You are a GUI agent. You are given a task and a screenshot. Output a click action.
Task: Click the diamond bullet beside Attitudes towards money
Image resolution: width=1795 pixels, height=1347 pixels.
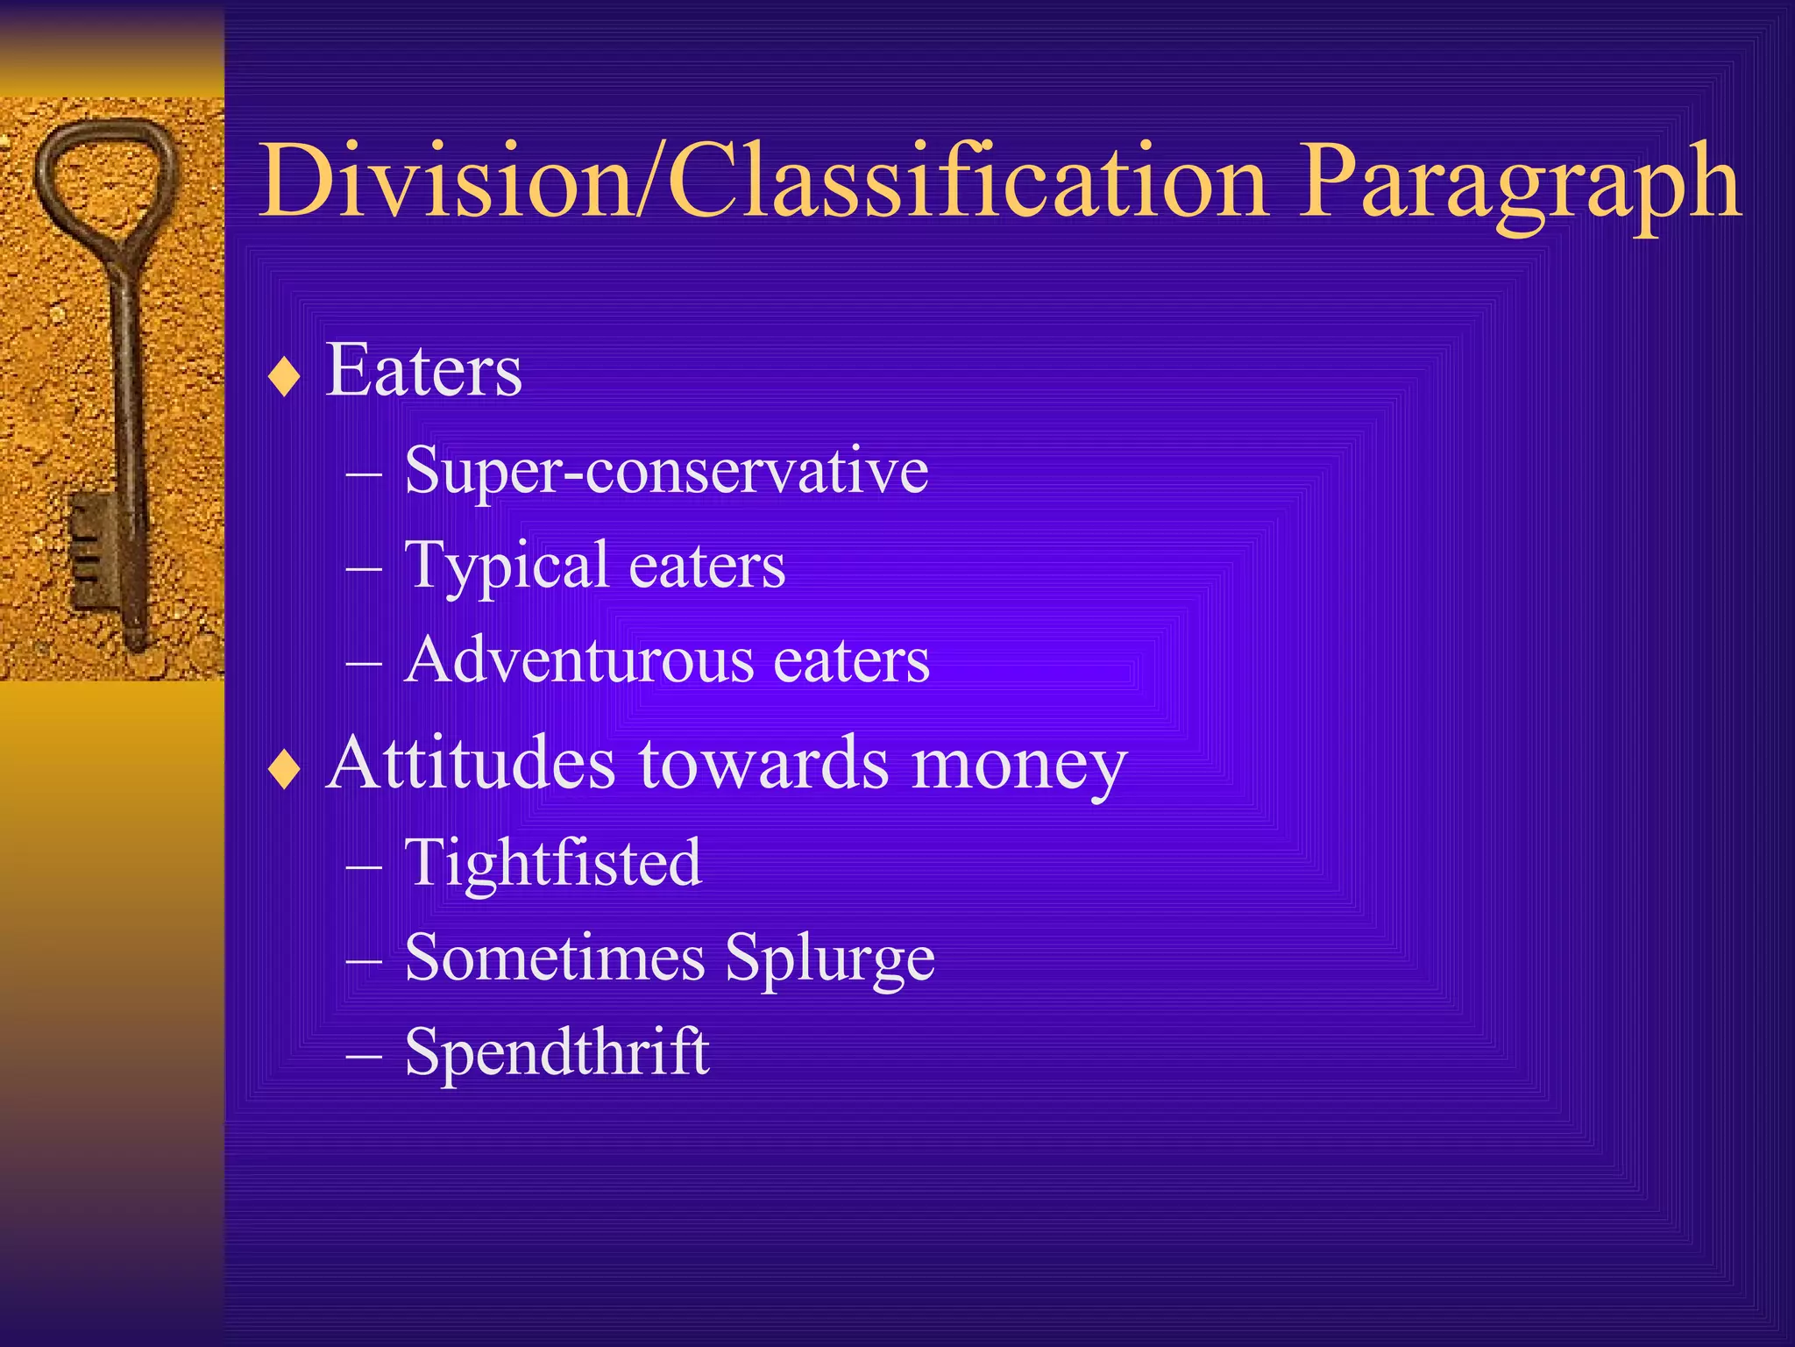click(x=285, y=769)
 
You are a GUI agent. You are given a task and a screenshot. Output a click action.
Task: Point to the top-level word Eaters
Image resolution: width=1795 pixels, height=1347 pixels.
click(x=424, y=371)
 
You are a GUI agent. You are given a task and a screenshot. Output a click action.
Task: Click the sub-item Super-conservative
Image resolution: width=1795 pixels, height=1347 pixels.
click(x=666, y=471)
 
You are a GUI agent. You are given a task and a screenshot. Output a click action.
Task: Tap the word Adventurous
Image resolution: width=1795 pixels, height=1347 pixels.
click(x=579, y=660)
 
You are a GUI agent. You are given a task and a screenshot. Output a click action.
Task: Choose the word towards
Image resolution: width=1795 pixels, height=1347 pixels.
click(x=763, y=763)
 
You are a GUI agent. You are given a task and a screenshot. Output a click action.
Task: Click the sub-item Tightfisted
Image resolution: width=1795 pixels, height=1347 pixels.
click(x=553, y=863)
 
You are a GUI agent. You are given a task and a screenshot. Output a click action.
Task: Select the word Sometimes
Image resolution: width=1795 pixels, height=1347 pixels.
click(x=555, y=958)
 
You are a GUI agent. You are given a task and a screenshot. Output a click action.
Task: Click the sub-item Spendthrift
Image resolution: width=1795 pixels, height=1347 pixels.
click(x=557, y=1051)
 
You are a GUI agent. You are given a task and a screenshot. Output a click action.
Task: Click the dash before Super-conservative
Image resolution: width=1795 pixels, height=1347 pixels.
click(x=364, y=474)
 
